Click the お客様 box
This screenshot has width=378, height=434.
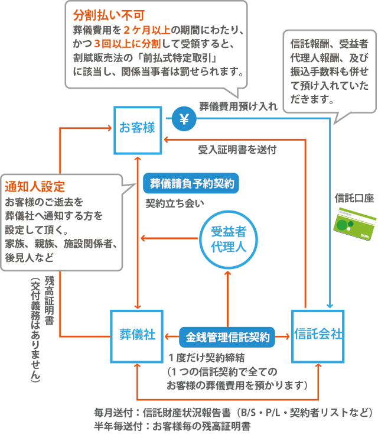(x=137, y=128)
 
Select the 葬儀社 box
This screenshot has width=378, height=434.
(x=137, y=335)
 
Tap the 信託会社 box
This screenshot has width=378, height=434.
(x=318, y=335)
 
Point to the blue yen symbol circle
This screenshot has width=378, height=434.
(x=184, y=119)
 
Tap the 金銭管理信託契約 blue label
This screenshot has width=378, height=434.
(x=228, y=338)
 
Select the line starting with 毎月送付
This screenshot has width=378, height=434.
(x=233, y=412)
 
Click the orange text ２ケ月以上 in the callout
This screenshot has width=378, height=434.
(x=147, y=28)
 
